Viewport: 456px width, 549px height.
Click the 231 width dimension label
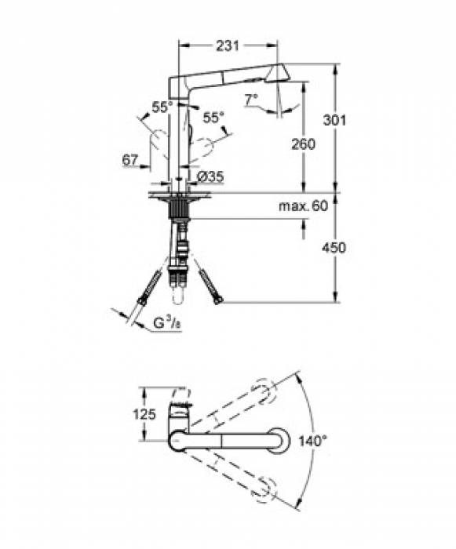pyautogui.click(x=228, y=46)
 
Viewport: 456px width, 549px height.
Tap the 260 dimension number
pyautogui.click(x=302, y=144)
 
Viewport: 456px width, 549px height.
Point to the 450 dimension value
pyautogui.click(x=335, y=247)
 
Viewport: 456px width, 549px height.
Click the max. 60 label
pyautogui.click(x=301, y=205)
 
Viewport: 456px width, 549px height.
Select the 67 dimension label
pyautogui.click(x=130, y=160)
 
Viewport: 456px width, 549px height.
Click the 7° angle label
pyautogui.click(x=250, y=100)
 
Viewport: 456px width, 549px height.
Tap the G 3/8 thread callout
pyautogui.click(x=167, y=322)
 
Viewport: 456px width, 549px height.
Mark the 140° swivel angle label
pyautogui.click(x=312, y=442)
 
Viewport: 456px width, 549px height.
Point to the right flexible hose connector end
pyautogui.click(x=219, y=299)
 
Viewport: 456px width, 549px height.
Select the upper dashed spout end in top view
pyautogui.click(x=264, y=392)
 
